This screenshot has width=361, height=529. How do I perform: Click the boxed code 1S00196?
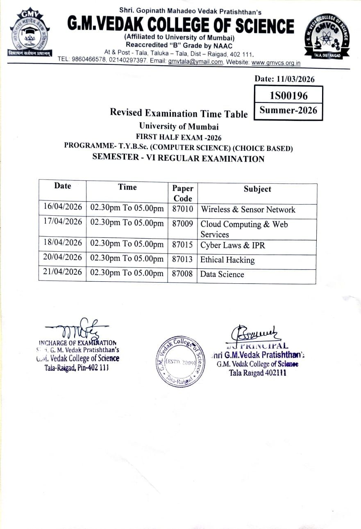(288, 96)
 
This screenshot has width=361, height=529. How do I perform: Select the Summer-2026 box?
(288, 110)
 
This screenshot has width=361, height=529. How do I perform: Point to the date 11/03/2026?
(284, 79)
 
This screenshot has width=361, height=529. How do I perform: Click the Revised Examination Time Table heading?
(179, 113)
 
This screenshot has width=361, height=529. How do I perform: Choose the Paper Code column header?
(182, 193)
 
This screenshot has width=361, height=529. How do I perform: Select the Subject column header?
(257, 189)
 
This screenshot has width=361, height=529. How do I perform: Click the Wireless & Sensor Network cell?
(247, 210)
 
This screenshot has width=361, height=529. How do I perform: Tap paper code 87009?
(182, 224)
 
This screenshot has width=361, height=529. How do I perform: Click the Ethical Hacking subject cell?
(227, 260)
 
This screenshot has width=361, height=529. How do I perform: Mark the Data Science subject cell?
(222, 274)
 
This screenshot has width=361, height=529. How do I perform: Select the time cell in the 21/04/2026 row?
(127, 273)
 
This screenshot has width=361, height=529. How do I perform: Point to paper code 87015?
(182, 245)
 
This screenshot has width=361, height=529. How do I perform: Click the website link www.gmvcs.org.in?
(276, 63)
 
